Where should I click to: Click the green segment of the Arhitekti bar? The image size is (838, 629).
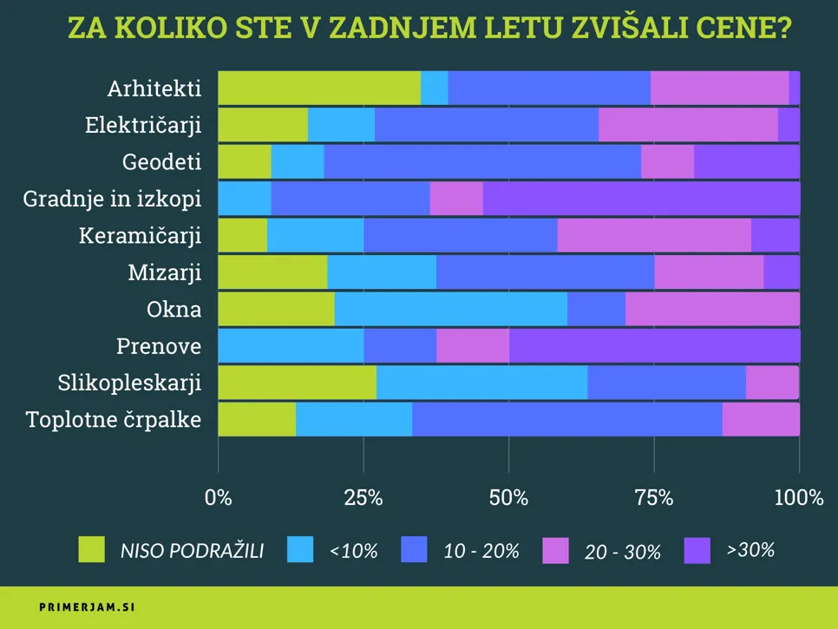click(318, 88)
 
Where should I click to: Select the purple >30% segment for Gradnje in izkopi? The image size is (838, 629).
click(641, 199)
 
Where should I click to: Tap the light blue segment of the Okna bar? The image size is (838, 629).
click(450, 309)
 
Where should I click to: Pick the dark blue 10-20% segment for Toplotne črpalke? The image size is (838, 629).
click(567, 420)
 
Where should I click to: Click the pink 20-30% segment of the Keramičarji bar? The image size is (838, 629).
click(654, 235)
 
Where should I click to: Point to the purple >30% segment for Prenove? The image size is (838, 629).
click(654, 346)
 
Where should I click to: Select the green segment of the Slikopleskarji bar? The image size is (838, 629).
click(297, 383)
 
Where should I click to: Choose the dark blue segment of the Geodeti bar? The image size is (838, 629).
click(482, 161)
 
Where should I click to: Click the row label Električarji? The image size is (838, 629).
click(143, 125)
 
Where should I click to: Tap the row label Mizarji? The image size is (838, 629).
click(164, 272)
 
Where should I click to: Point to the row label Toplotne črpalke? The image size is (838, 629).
click(114, 420)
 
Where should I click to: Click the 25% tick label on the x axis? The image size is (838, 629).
click(363, 498)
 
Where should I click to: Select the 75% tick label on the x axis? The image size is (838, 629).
click(654, 498)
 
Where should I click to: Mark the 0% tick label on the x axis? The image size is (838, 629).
click(218, 498)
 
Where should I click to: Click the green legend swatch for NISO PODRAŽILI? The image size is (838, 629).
click(91, 549)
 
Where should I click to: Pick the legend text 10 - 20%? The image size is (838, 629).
click(481, 550)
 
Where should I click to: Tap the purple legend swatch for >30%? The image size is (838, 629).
click(697, 549)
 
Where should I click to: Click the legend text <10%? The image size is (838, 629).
click(353, 550)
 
